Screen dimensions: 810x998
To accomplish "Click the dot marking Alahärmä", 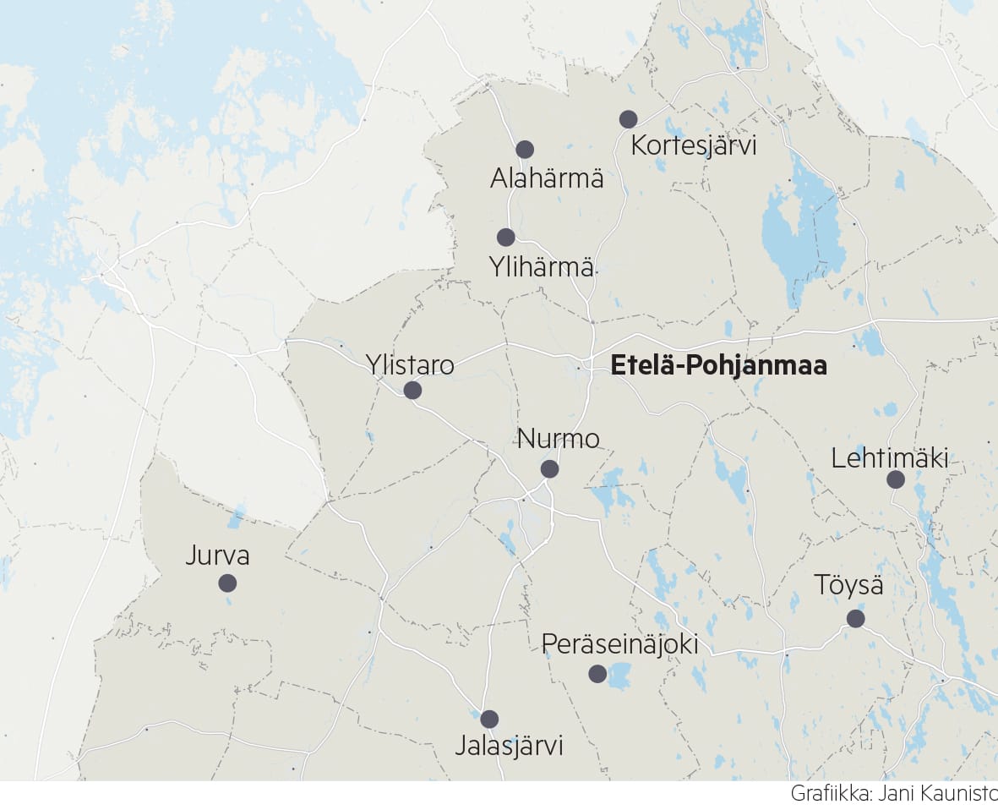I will point(525,150).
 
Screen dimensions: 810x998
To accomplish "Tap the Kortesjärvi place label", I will point(694,145).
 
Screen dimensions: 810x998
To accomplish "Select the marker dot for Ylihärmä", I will point(506,238).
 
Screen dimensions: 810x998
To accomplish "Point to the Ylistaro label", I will point(410,365).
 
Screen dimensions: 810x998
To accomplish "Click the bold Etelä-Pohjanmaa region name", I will point(718,366).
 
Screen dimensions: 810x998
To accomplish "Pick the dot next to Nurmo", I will point(549,469).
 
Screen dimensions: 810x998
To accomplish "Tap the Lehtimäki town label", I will point(889,459).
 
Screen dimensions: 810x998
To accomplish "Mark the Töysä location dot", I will point(855,619).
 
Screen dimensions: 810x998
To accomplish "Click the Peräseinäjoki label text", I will point(620,644).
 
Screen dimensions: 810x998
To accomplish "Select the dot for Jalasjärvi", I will point(489,720).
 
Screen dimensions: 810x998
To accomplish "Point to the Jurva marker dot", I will point(227,583).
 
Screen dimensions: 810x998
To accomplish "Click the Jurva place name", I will point(218,556).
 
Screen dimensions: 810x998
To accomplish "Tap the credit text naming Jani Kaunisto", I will point(893,795).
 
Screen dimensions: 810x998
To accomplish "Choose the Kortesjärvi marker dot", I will point(628,119).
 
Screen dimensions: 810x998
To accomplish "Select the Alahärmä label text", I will point(547,178).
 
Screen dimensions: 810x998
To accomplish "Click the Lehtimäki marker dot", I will point(896,480).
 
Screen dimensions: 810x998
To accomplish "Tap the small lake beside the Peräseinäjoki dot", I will point(620,675).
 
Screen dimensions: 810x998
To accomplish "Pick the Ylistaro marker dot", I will point(412,391).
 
